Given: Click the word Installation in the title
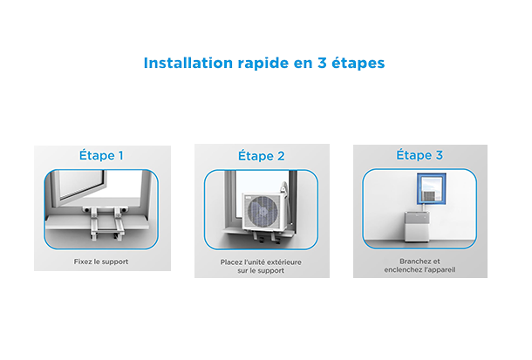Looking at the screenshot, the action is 188,63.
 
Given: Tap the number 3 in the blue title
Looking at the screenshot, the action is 322,63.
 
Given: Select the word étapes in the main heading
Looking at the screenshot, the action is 358,64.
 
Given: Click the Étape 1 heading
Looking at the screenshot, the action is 101,155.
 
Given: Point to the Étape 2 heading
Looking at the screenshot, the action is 262,155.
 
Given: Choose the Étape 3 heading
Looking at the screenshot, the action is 419,154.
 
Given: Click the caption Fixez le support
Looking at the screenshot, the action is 101,262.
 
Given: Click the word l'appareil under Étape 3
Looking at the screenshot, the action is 440,270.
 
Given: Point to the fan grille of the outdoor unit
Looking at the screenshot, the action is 263,212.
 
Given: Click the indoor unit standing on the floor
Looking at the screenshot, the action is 417,227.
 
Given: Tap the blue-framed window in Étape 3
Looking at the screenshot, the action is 431,189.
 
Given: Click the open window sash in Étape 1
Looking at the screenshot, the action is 79,186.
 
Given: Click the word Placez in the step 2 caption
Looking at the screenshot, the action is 231,262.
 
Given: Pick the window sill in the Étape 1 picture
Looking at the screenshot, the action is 98,223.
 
